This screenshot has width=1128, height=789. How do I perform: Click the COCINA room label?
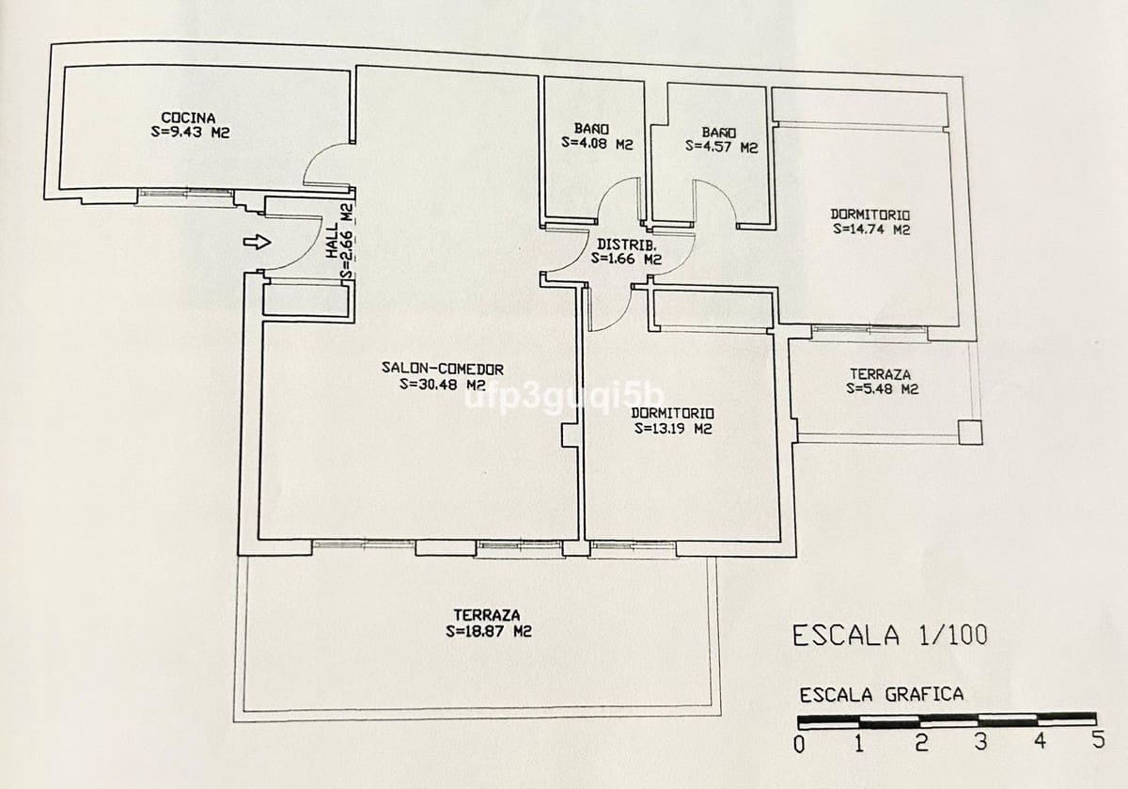pos(188,118)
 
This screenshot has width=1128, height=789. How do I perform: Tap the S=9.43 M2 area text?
pos(191,133)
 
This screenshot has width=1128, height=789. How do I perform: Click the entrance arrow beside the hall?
pos(257,243)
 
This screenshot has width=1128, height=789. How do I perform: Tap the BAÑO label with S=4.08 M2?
pos(591,129)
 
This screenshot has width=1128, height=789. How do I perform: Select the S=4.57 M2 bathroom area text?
pos(721,147)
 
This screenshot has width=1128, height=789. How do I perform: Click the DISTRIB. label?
pos(621,244)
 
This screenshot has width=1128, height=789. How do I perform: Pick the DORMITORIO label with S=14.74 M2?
pos(870,214)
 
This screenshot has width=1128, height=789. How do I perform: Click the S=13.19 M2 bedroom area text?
pos(672,428)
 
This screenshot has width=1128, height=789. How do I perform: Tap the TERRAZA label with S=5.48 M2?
pos(882,374)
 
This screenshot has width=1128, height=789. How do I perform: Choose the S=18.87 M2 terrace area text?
pos(488,632)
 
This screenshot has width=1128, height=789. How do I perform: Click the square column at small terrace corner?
pos(970,433)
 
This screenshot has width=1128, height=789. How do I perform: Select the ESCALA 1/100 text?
pos(889,636)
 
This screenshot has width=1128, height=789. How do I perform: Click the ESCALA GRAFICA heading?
pos(881,695)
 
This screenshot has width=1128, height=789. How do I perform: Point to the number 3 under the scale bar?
pos(980,742)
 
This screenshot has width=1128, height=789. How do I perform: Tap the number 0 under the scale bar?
pos(799,744)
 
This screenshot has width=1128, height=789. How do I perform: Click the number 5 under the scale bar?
pos(1097,740)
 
